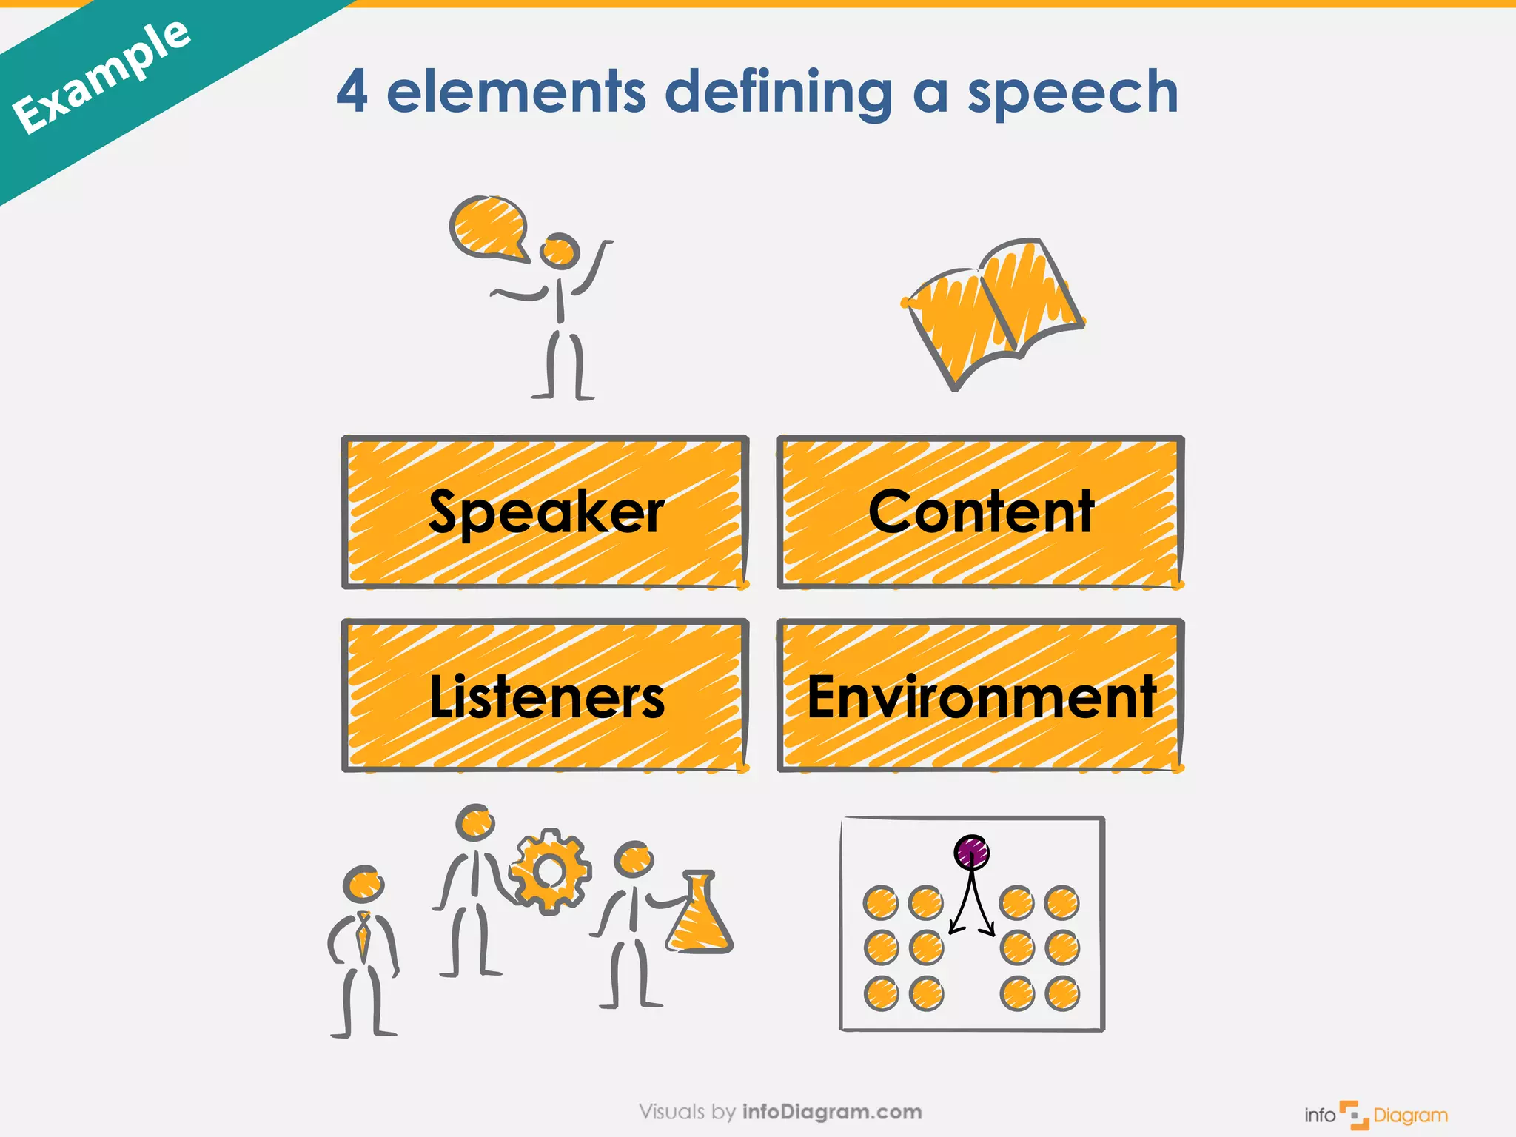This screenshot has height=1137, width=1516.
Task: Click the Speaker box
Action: [546, 512]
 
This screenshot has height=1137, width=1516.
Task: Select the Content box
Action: [980, 512]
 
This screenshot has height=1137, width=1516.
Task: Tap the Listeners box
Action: [546, 696]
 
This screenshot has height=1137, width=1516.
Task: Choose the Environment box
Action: [980, 696]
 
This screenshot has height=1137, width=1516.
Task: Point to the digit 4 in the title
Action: [352, 92]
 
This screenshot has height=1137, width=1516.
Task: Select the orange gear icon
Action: [550, 871]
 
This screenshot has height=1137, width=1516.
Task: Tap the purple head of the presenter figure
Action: [971, 852]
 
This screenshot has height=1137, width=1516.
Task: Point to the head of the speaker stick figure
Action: [559, 251]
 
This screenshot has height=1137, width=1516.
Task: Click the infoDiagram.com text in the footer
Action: [831, 1112]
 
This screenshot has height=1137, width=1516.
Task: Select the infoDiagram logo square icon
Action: [1354, 1115]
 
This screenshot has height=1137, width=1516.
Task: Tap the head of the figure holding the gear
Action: [474, 822]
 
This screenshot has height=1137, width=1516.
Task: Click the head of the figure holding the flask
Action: [634, 860]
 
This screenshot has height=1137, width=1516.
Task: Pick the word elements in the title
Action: [516, 92]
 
